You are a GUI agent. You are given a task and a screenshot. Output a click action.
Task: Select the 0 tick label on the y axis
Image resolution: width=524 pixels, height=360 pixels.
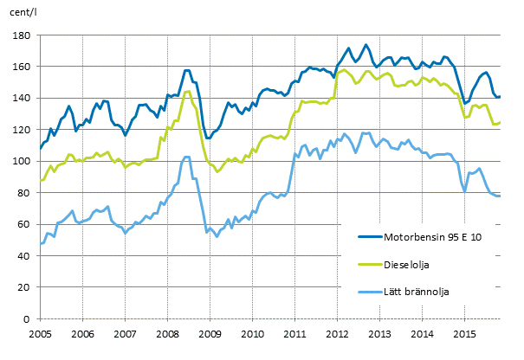(27, 319)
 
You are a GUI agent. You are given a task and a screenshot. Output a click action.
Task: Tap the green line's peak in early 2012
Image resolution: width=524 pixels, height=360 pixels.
(345, 69)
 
